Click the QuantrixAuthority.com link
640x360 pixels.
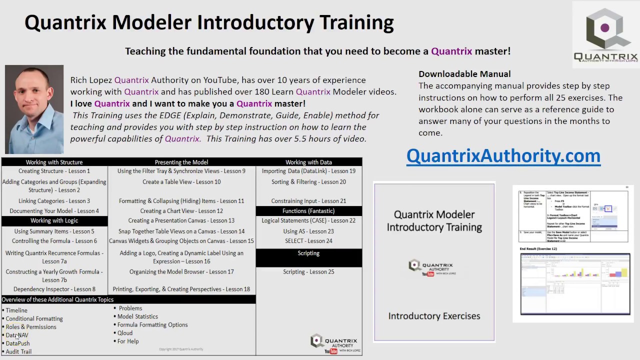pos(503,156)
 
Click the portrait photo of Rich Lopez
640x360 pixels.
pos(34,109)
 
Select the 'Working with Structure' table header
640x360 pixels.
pos(54,162)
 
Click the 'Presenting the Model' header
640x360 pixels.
pos(181,162)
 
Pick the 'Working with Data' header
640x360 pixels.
pos(308,162)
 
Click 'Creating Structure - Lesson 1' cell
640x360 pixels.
pos(54,171)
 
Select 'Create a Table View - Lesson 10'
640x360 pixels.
pos(181,182)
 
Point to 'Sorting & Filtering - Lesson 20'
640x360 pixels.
pos(308,182)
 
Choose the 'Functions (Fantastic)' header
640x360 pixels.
pos(308,211)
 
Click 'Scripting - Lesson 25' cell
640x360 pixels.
pos(308,272)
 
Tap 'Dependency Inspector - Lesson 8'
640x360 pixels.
pos(54,289)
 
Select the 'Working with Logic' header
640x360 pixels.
pos(54,220)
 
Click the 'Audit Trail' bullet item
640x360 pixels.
pos(18,351)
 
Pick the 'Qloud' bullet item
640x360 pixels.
pos(125,333)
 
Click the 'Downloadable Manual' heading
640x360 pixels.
pos(464,74)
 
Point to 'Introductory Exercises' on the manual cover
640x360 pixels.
pos(434,316)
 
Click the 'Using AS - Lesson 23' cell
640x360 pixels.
pos(308,231)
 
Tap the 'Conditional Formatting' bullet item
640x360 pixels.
pos(34,318)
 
